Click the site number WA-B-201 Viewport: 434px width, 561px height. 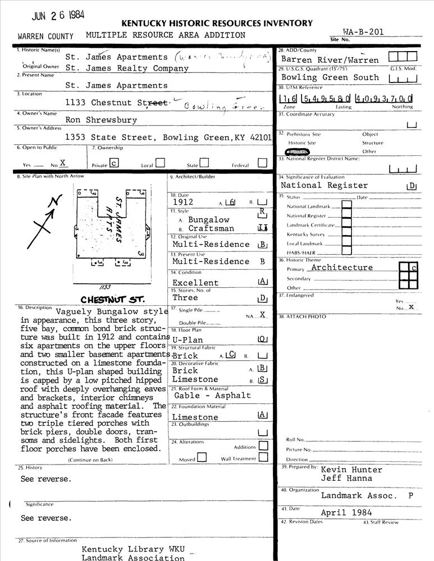tap(363, 32)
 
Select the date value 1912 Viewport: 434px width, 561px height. tap(184, 202)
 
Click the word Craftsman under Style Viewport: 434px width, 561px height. tap(211, 229)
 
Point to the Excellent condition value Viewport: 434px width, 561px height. tap(195, 283)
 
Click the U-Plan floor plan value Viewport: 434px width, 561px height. tap(187, 340)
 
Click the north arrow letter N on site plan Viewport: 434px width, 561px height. tap(54, 203)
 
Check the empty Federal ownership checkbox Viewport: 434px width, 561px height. tap(262, 163)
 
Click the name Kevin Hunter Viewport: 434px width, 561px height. tap(351, 470)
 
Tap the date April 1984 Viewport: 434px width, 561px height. tap(346, 512)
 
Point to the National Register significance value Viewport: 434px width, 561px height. tap(324, 185)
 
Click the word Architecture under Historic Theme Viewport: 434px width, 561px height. tap(342, 268)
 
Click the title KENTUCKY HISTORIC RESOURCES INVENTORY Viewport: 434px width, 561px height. tap(217, 23)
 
